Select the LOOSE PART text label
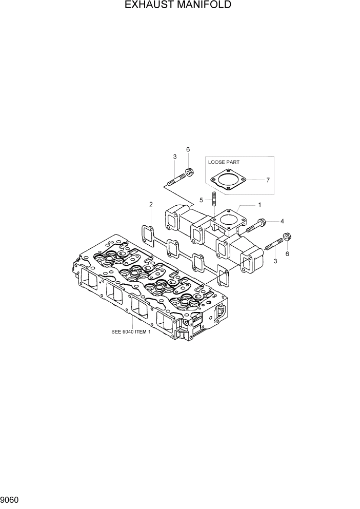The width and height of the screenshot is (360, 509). point(224,162)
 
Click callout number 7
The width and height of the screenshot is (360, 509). point(268,180)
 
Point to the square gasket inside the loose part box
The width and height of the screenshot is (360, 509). point(228,180)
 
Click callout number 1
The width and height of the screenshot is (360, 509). point(259,204)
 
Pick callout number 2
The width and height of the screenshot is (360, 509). point(151,204)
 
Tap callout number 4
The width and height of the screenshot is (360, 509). point(282,221)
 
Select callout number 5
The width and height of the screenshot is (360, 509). point(202,199)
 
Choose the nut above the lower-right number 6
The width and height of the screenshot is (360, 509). point(287,238)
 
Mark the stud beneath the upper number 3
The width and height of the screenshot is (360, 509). point(175,180)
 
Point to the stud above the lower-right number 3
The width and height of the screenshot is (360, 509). point(274,244)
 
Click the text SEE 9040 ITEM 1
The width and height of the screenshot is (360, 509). point(131,332)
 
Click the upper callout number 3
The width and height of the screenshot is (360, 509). point(174,156)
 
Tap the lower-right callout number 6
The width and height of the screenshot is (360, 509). point(287,254)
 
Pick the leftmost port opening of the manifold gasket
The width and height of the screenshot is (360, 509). point(147,234)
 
